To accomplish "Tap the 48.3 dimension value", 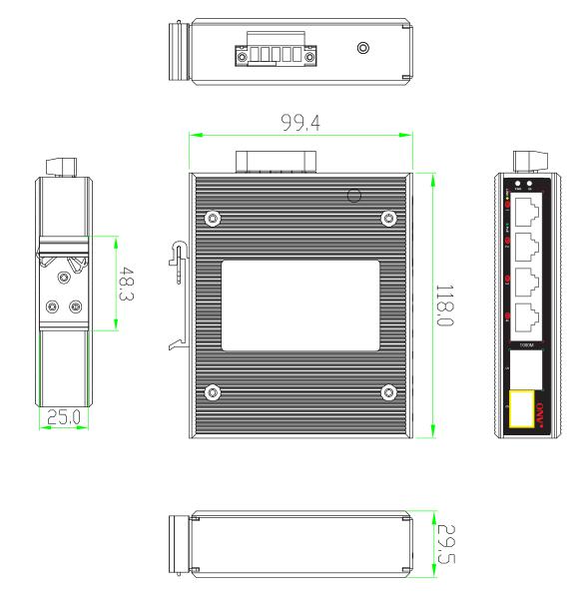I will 129,284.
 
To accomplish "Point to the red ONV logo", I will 541,415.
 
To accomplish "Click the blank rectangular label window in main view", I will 299,305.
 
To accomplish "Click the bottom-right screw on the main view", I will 387,392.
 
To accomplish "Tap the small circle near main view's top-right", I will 352,196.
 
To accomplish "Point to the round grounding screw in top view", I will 363,48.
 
